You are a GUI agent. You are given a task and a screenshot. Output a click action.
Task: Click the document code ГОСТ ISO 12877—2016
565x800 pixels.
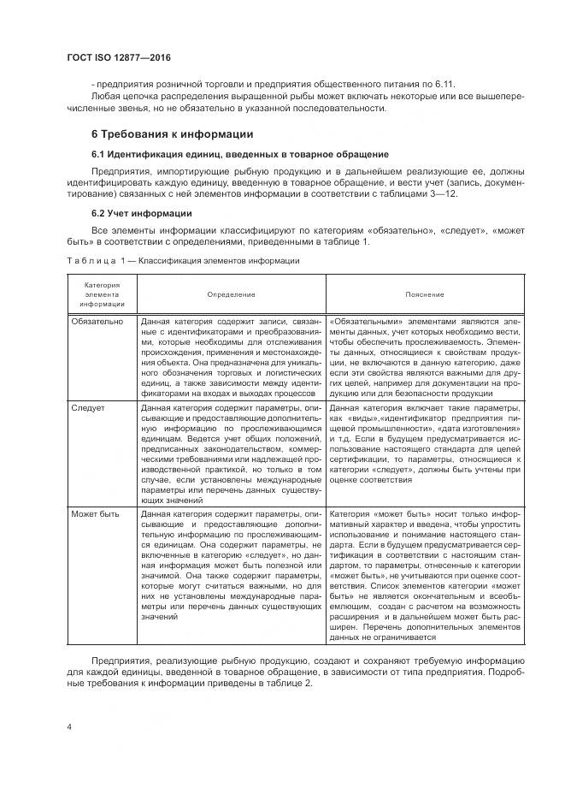coord(119,57)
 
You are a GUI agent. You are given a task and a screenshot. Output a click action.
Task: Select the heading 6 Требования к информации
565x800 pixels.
coord(172,134)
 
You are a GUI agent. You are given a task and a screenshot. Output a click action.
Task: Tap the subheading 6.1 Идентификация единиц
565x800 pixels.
coord(228,153)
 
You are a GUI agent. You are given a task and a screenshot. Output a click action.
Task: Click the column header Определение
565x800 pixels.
coord(231,294)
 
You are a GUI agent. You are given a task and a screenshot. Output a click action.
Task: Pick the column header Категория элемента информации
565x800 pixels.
coord(102,294)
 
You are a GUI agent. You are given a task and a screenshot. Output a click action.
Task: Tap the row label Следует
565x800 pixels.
coord(87,408)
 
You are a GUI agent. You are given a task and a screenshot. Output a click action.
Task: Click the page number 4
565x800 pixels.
coord(69,726)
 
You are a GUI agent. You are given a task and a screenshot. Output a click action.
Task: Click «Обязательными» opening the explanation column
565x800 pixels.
coord(360,322)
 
